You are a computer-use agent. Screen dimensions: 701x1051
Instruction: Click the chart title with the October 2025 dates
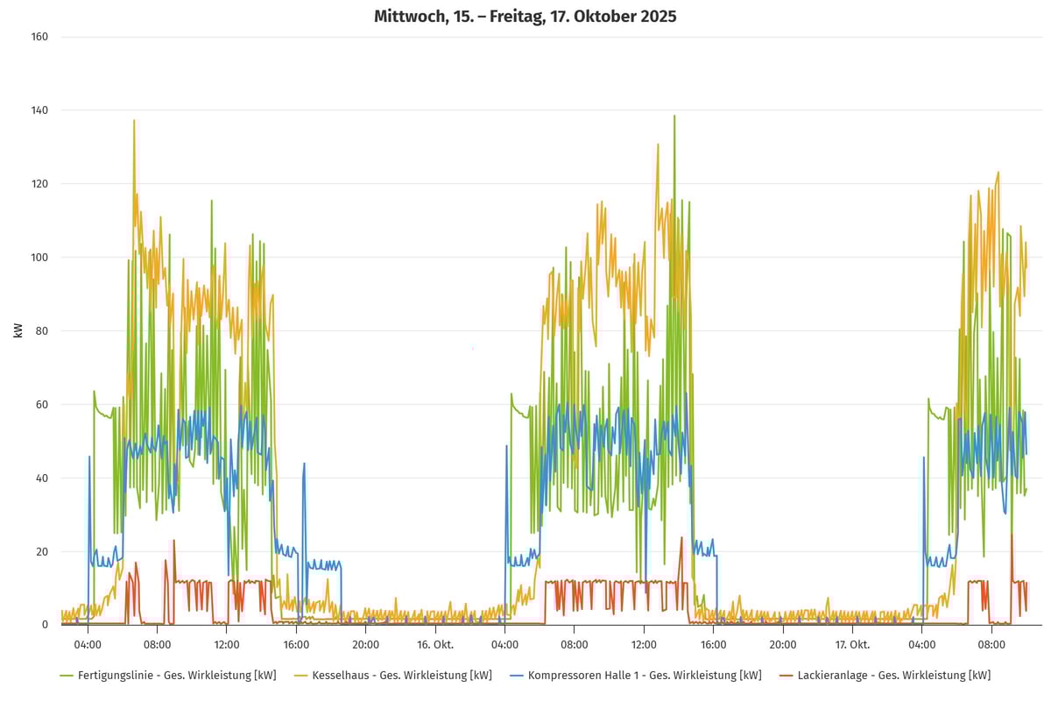coord(525,17)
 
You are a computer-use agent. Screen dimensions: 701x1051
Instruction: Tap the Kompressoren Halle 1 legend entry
coord(636,676)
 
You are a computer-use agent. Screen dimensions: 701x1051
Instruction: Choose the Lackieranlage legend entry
coord(885,676)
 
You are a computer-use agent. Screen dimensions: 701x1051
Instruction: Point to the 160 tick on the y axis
coord(40,37)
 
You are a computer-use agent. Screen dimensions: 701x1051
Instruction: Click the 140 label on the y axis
coord(40,110)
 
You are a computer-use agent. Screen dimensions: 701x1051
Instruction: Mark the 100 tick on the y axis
coord(40,258)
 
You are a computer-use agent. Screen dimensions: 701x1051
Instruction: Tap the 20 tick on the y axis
coord(42,551)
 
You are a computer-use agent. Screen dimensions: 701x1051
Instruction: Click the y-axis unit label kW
coord(18,330)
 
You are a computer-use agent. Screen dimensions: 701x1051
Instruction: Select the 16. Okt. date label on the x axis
coord(434,644)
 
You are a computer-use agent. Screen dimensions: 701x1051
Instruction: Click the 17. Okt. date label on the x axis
coord(852,644)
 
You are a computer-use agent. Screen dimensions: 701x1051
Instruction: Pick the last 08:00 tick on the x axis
coord(991,644)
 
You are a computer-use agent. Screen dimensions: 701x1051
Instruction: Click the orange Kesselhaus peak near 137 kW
coord(134,121)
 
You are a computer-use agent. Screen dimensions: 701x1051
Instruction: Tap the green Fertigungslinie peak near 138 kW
coord(674,117)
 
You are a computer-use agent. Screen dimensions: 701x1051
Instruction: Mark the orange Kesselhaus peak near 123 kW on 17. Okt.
coord(998,173)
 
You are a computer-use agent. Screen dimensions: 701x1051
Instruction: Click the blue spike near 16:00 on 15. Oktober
coord(304,464)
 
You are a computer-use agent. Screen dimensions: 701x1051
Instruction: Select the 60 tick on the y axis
coord(42,405)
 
